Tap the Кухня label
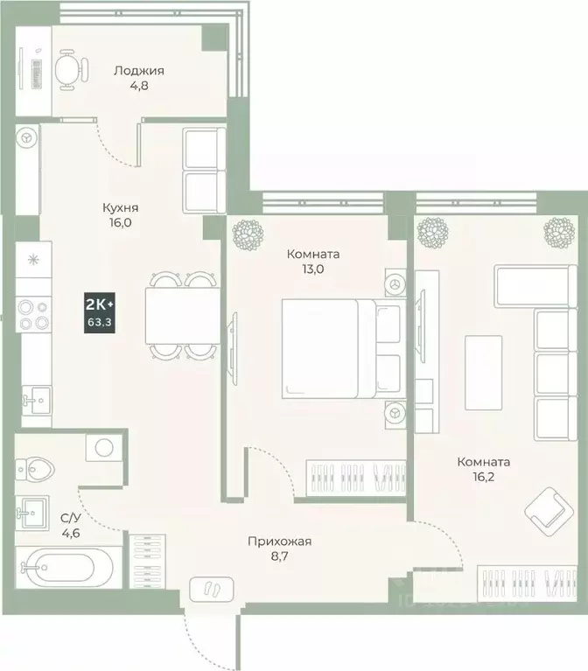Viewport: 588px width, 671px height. (120, 208)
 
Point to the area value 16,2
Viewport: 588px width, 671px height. (484, 477)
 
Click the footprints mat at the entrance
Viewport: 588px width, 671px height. (211, 588)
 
